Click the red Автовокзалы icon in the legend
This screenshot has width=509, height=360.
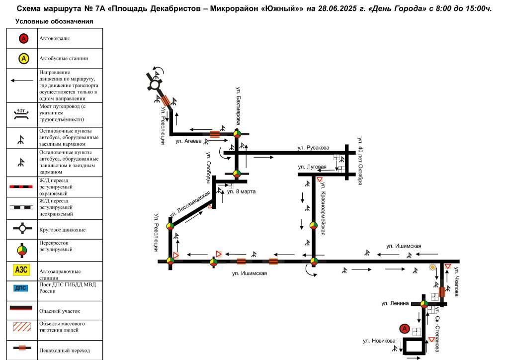coord(23,39)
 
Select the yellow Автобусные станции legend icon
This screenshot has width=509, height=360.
coord(23,59)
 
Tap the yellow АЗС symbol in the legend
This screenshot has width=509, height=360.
coord(21,270)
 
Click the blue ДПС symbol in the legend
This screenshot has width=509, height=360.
coord(21,288)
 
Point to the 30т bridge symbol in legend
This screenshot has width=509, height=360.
coord(21,114)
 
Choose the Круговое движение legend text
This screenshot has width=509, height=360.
coord(62,230)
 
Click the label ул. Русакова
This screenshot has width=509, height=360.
coord(313,148)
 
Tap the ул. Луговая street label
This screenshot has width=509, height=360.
coord(312,167)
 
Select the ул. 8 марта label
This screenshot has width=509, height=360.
coord(241,191)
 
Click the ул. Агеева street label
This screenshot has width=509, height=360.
coord(188,141)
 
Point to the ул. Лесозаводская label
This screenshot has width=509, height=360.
coord(190,204)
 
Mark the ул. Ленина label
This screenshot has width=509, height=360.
coord(395,303)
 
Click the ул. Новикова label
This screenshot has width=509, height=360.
coord(379,341)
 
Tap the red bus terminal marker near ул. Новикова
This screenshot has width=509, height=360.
coord(405,329)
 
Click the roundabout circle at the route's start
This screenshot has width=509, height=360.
coord(155,85)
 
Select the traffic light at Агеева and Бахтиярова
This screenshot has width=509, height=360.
coord(237,134)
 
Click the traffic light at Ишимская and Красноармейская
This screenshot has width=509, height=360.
coord(314,261)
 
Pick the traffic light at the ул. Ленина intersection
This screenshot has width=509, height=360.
coord(424,304)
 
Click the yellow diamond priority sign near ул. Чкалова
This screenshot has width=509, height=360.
coord(432,267)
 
